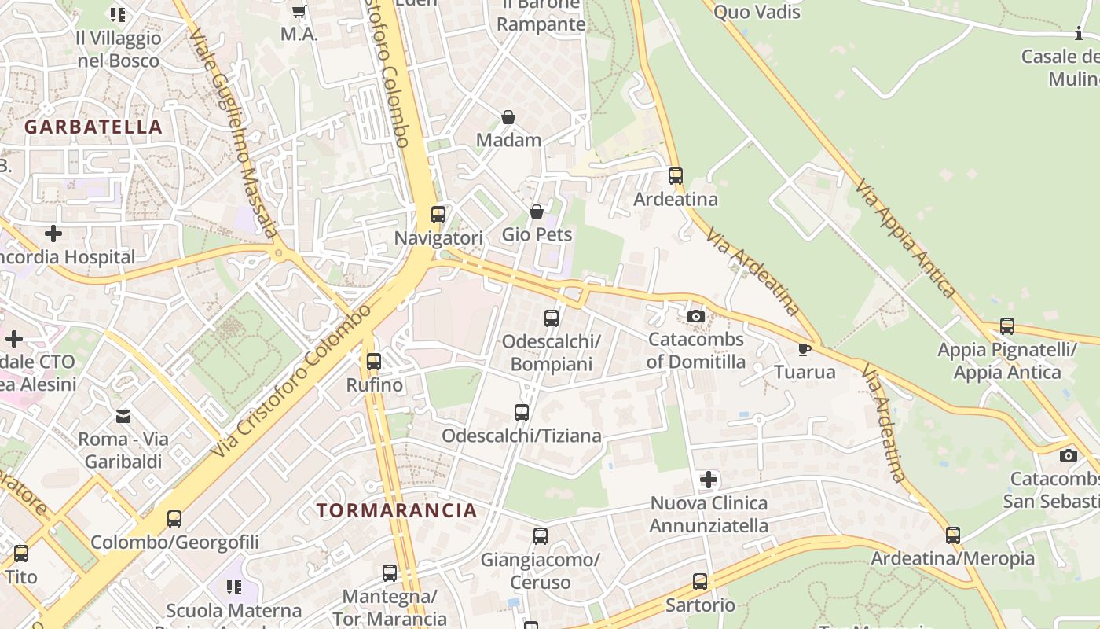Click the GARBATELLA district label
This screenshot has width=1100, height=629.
93,127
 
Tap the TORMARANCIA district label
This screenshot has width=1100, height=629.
397,510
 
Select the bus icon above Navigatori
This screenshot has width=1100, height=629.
438,214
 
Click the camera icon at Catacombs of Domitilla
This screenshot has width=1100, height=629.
695,316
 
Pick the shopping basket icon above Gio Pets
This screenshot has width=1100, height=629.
537,212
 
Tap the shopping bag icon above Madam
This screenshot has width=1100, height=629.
508,117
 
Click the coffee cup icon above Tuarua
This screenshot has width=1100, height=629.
804,348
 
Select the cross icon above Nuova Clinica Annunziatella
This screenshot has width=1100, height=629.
709,479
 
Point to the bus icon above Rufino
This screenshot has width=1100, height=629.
374,362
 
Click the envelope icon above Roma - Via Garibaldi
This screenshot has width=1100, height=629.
123,416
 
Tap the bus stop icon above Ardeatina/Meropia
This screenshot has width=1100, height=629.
953,535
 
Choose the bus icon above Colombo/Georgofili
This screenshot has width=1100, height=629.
174,519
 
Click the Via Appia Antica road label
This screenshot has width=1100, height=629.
906,237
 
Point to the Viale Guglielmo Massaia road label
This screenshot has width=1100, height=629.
235,134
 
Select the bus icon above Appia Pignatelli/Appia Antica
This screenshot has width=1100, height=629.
1007,326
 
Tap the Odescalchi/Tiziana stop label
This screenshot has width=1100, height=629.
522,436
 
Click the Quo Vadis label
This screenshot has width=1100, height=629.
757,12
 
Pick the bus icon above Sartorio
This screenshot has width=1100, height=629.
700,582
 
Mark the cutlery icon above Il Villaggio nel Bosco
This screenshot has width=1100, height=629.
118,14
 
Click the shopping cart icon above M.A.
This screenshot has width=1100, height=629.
299,11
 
